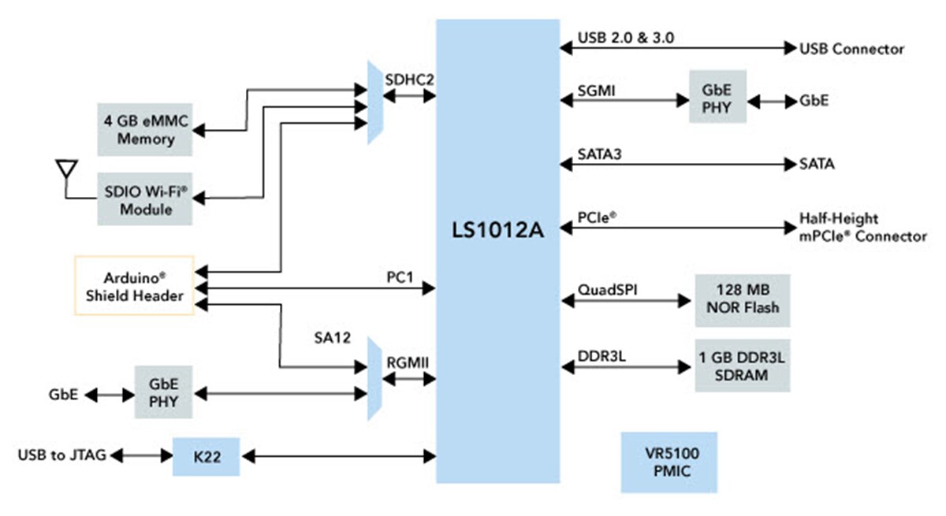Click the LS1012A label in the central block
pyautogui.click(x=497, y=232)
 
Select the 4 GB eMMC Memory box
pyautogui.click(x=146, y=129)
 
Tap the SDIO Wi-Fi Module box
pyautogui.click(x=146, y=200)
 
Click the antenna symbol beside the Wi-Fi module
pyautogui.click(x=65, y=169)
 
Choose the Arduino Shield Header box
pyautogui.click(x=133, y=286)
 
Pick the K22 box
pyautogui.click(x=206, y=456)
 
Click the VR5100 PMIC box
pyautogui.click(x=669, y=464)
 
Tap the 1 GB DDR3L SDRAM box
pyautogui.click(x=742, y=366)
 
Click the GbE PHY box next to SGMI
pyautogui.click(x=717, y=97)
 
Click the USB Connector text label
pyautogui.click(x=851, y=49)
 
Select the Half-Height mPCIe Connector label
pyautogui.click(x=851, y=227)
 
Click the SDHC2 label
pyautogui.click(x=409, y=80)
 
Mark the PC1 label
pyautogui.click(x=400, y=280)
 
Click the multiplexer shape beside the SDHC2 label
pyautogui.click(x=375, y=102)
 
